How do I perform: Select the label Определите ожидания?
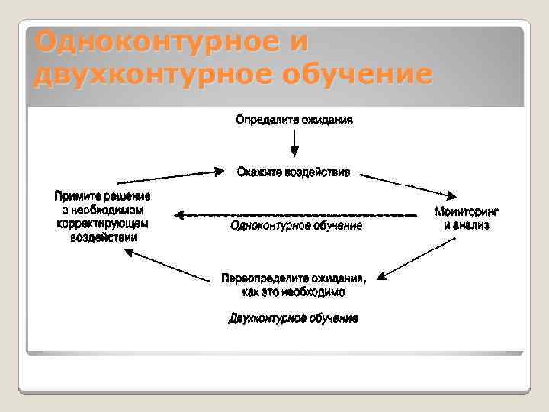294,120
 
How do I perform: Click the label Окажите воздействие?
294,172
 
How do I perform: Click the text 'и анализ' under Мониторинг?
467,225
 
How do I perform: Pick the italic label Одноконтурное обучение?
296,226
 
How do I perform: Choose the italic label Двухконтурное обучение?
294,317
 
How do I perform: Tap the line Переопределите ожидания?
294,277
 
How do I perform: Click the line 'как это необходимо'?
294,291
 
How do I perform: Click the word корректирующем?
102,224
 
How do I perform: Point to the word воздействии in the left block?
102,237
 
